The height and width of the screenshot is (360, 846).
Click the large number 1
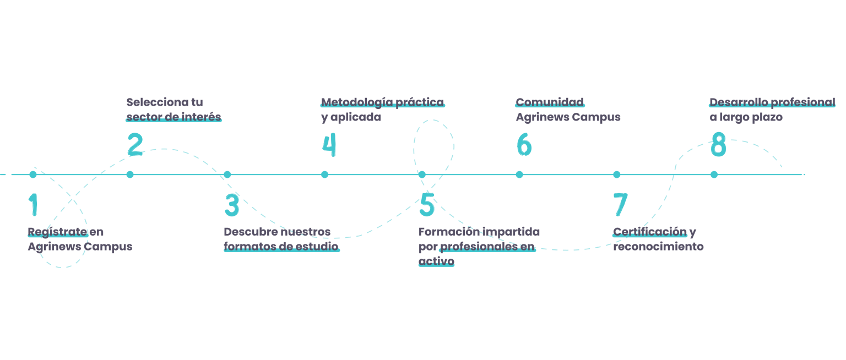tap(34, 205)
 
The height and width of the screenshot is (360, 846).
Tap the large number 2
tap(135, 145)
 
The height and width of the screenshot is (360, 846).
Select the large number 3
tap(232, 205)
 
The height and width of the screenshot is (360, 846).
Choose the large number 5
tap(427, 205)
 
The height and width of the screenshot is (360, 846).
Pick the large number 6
tap(524, 145)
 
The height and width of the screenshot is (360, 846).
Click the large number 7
tap(620, 205)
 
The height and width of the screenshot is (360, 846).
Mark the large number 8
tap(718, 145)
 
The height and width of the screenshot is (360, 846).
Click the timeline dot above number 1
tap(33, 174)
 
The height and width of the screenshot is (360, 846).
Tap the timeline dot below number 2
tap(130, 174)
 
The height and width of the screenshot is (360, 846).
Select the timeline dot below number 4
tap(325, 174)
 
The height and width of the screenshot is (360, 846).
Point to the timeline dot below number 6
tap(519, 174)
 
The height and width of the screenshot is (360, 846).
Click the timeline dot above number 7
tap(617, 174)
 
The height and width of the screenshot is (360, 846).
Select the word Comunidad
tap(549, 102)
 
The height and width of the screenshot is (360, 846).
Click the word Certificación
tap(650, 232)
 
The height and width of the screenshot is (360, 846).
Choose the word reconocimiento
tap(658, 247)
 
